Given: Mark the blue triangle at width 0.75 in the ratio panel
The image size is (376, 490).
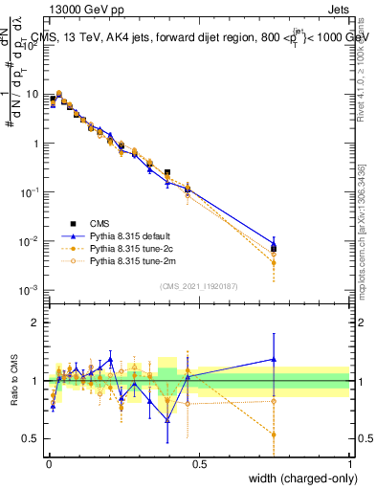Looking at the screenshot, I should point(275,359).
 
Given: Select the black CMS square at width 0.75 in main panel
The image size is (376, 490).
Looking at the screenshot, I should point(275,248).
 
